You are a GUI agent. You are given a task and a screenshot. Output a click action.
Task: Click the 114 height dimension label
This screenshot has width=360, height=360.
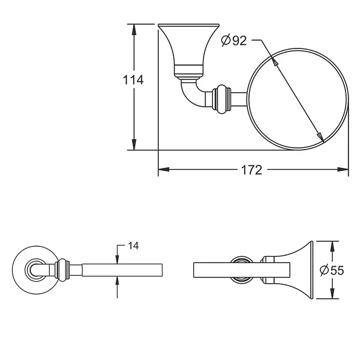pos(133,79)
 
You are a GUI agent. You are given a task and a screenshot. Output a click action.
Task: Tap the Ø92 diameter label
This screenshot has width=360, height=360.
pos(234,41)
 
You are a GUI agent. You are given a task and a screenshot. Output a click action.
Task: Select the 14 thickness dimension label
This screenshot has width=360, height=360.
pos(133,246)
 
